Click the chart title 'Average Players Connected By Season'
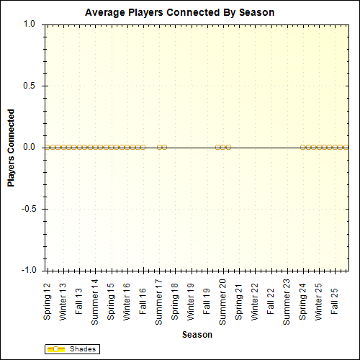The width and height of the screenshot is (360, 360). [179, 13]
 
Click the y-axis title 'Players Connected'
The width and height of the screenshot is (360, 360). [11, 148]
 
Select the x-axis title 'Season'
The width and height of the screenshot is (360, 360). [197, 335]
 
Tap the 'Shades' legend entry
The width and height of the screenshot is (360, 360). [80, 349]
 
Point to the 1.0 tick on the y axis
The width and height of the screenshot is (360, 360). [30, 24]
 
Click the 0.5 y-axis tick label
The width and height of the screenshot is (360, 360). [30, 86]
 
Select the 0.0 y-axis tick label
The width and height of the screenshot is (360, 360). [30, 148]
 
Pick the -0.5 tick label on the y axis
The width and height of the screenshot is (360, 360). [28, 210]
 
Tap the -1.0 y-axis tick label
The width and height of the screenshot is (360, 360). [28, 271]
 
